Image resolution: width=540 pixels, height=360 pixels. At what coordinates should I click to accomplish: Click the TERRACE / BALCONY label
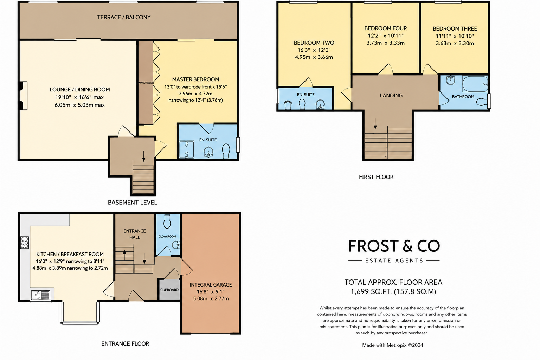pyautogui.click(x=124, y=17)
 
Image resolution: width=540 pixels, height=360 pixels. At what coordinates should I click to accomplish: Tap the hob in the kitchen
pyautogui.click(x=25, y=242)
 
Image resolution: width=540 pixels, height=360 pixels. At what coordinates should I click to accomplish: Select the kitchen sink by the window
pyautogui.click(x=40, y=295)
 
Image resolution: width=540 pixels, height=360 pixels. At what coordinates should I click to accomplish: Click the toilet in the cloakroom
pyautogui.click(x=167, y=221)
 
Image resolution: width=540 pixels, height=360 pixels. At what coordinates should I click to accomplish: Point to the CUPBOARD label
pyautogui.click(x=169, y=290)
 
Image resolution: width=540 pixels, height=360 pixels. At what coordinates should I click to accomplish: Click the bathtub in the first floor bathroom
pyautogui.click(x=475, y=84)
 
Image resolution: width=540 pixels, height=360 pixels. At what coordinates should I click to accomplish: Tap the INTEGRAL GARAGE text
pyautogui.click(x=211, y=285)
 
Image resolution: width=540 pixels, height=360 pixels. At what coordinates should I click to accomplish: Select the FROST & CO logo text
pyautogui.click(x=394, y=246)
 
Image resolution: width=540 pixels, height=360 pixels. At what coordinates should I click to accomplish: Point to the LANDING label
pyautogui.click(x=391, y=96)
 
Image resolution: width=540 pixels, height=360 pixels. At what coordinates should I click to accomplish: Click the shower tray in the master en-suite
pyautogui.click(x=187, y=149)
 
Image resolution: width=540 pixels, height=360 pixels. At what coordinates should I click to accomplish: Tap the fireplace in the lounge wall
pyautogui.click(x=24, y=96)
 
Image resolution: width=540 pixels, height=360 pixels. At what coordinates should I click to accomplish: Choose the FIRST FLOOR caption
pyautogui.click(x=376, y=177)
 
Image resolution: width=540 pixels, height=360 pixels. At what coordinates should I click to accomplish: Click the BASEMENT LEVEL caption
pyautogui.click(x=132, y=202)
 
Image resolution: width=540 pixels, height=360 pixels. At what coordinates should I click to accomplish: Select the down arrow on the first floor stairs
pyautogui.click(x=375, y=124)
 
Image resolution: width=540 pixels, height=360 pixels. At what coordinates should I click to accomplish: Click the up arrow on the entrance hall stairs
pyautogui.click(x=124, y=255)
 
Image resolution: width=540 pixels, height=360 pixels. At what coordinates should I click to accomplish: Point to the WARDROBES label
pyautogui.click(x=146, y=83)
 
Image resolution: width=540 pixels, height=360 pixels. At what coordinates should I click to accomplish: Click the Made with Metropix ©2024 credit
pyautogui.click(x=392, y=345)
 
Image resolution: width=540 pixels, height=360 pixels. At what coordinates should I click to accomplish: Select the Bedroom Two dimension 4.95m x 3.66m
pyautogui.click(x=314, y=57)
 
